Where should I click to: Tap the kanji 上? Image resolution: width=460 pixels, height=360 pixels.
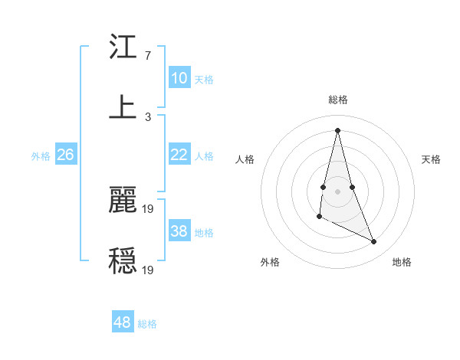(123, 107)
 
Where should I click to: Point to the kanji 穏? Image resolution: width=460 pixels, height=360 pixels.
(123, 260)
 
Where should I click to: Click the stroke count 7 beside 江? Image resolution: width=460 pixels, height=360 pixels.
(148, 56)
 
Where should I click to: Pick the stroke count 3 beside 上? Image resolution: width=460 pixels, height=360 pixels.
(148, 117)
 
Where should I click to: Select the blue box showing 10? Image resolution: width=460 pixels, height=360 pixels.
(179, 78)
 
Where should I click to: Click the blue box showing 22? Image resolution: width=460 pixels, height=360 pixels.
(179, 155)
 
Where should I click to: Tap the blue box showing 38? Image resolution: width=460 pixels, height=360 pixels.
(179, 231)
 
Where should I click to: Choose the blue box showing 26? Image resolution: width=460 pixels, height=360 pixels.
(65, 155)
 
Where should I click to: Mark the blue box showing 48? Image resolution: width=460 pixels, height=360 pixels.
(123, 322)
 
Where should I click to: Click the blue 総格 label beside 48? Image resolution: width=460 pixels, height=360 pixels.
(147, 324)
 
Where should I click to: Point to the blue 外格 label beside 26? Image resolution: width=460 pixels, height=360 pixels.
(41, 156)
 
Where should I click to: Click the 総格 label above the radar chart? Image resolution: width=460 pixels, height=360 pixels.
(337, 100)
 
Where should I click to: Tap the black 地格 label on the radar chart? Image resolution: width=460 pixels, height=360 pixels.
(402, 263)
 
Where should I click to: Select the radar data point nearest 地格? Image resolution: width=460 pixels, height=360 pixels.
(374, 241)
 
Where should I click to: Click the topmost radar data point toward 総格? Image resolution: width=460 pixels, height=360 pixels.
(337, 130)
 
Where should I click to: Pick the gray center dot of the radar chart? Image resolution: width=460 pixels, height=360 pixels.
(337, 190)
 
